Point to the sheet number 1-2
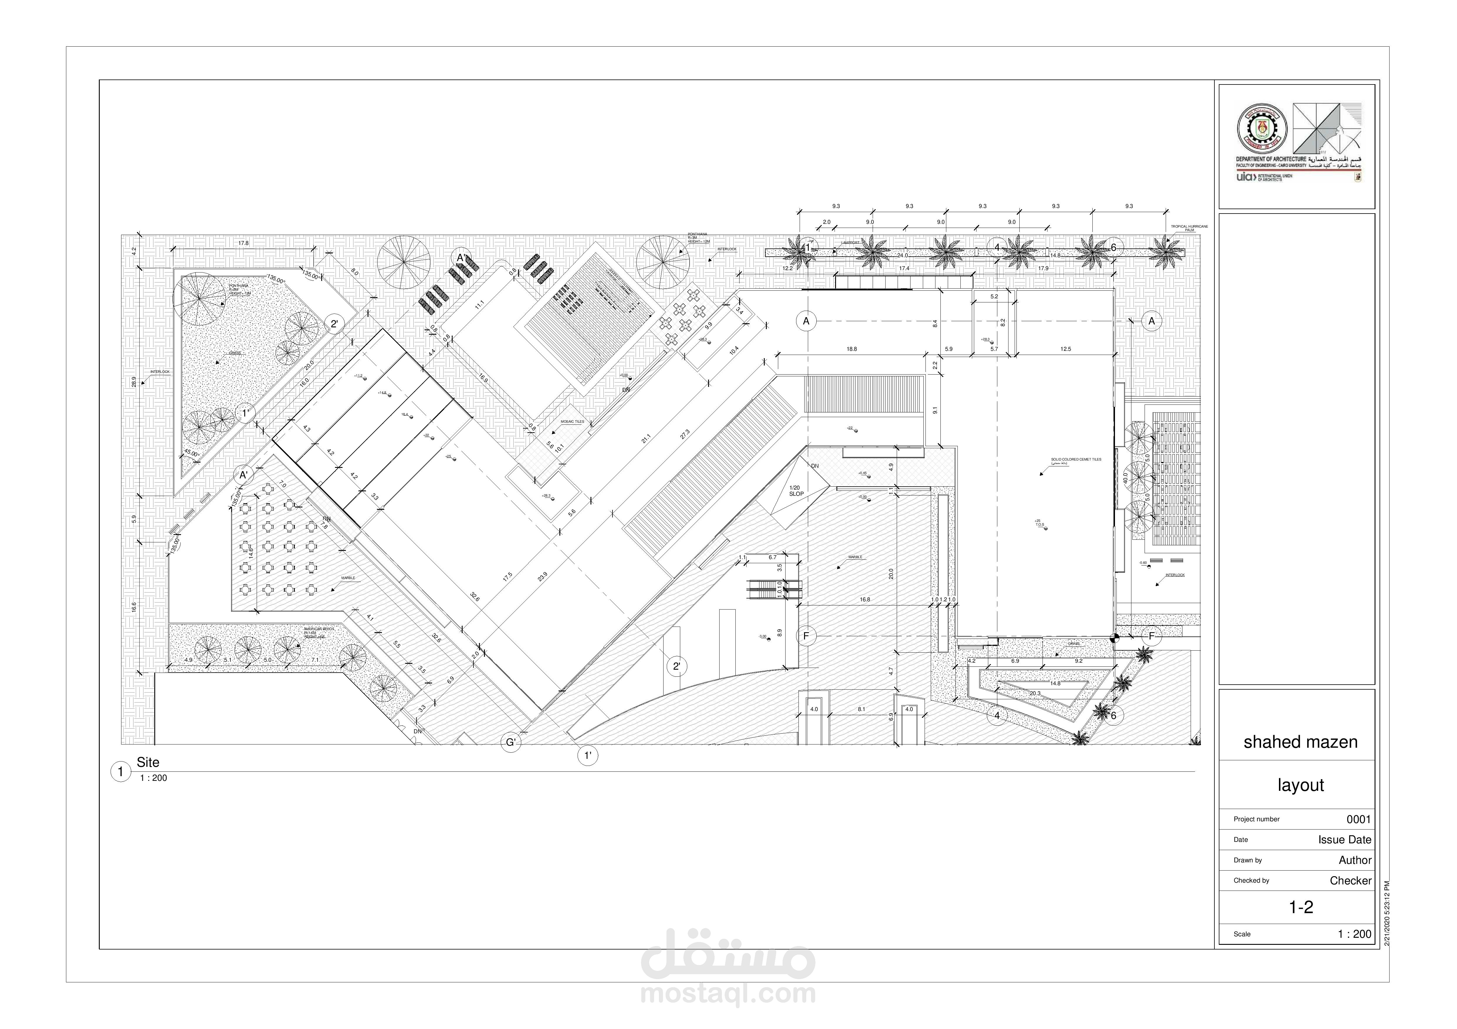(1300, 907)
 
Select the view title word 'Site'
(148, 763)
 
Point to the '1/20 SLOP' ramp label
(796, 490)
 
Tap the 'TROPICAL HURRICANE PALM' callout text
(1189, 228)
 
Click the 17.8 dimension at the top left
(243, 243)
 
